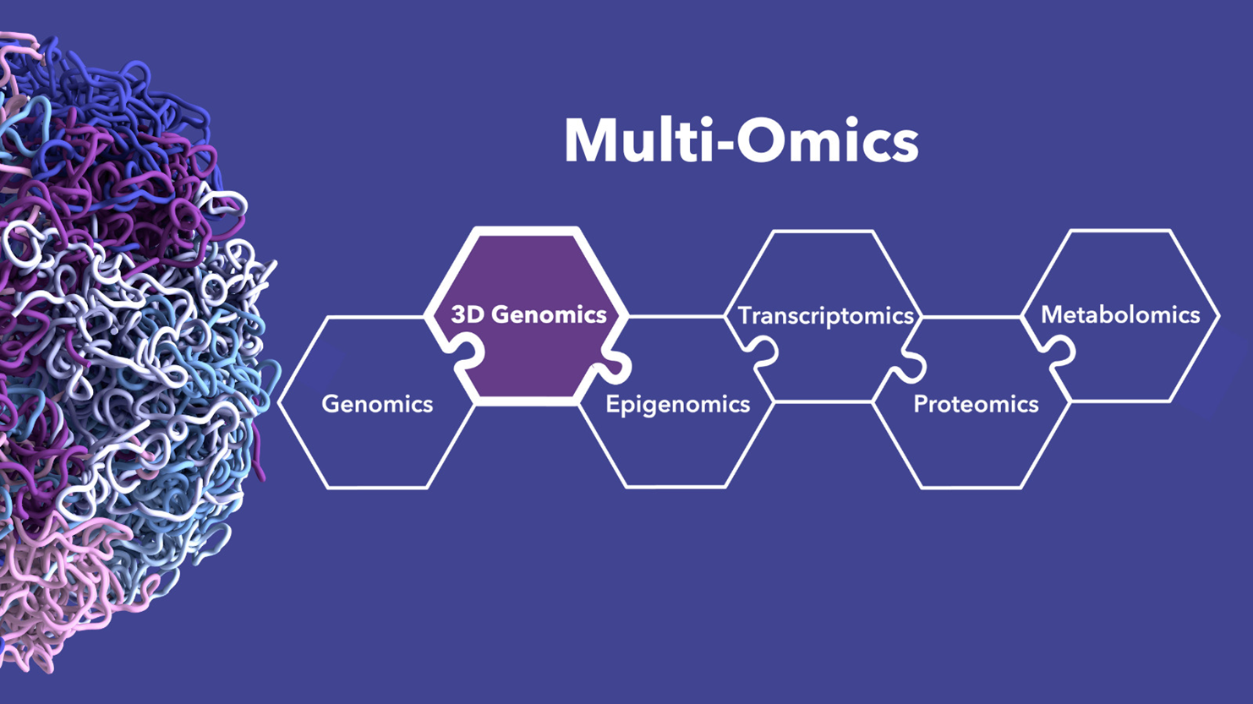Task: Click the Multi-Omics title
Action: pyautogui.click(x=741, y=140)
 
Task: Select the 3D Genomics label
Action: pyautogui.click(x=528, y=314)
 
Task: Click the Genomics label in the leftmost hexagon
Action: pyautogui.click(x=377, y=403)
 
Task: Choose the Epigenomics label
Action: pyautogui.click(x=677, y=404)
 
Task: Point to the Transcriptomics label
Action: pyautogui.click(x=826, y=315)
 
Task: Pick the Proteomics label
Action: pyautogui.click(x=976, y=404)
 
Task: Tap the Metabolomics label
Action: pyautogui.click(x=1120, y=314)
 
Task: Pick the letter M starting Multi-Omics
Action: pyautogui.click(x=589, y=140)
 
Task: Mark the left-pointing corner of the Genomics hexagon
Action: pyautogui.click(x=281, y=402)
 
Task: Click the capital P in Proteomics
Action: pyautogui.click(x=920, y=404)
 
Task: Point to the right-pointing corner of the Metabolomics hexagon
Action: pyautogui.click(x=1218, y=315)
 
